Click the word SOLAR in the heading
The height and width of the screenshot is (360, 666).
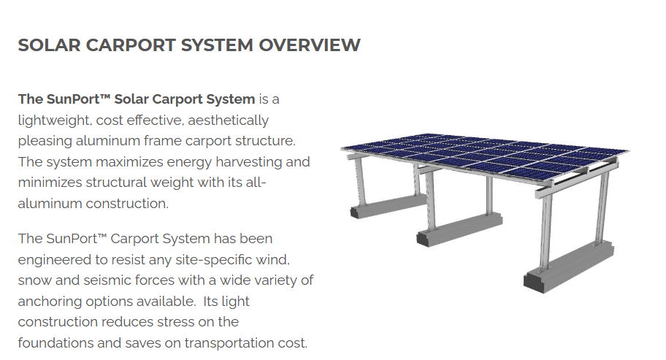pyautogui.click(x=49, y=45)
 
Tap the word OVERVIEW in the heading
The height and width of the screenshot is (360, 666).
pyautogui.click(x=310, y=45)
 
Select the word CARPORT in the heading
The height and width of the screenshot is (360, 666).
pyautogui.click(x=131, y=45)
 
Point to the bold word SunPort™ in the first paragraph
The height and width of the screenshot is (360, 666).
pyautogui.click(x=79, y=99)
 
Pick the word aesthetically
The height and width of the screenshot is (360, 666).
pyautogui.click(x=228, y=120)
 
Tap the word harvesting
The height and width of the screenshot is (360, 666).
pyautogui.click(x=248, y=162)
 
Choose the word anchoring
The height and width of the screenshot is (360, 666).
pyautogui.click(x=50, y=302)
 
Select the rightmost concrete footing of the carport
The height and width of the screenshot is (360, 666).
pyautogui.click(x=569, y=267)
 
